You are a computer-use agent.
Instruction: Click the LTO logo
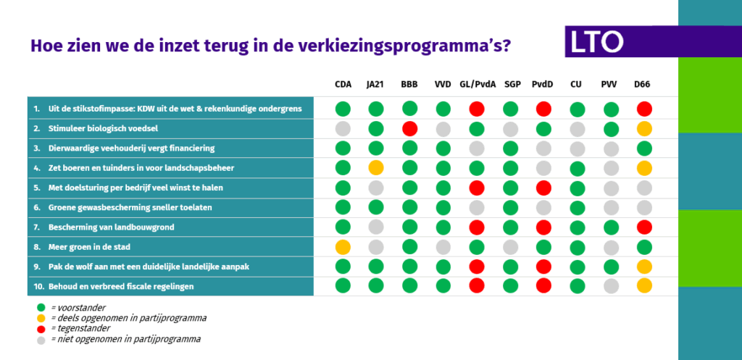(597, 41)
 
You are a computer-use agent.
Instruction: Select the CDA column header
(343, 85)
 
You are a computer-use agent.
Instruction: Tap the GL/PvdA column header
(478, 85)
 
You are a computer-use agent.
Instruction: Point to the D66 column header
(642, 85)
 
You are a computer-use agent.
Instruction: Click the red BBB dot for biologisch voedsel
(409, 129)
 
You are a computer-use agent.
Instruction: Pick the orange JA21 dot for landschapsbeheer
(376, 168)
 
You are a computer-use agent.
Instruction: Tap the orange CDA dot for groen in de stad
(343, 247)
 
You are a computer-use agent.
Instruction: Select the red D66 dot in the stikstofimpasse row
(644, 109)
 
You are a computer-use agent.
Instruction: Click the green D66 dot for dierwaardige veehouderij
(644, 148)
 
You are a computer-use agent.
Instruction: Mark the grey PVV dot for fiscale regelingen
(611, 285)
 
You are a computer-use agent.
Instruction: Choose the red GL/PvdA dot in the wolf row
(477, 267)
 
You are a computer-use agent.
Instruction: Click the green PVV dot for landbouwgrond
(611, 227)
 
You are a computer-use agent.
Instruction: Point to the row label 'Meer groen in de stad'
(89, 247)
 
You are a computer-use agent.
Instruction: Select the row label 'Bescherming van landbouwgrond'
(111, 227)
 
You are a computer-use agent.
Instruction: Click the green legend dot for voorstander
(41, 307)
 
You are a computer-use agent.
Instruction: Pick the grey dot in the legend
(41, 339)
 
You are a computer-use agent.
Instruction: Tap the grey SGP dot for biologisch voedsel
(510, 129)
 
